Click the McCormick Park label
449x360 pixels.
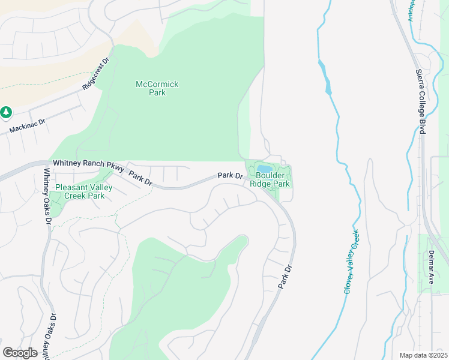tap(157, 89)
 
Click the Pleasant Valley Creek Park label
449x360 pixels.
tap(84, 191)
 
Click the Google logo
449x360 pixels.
tap(20, 353)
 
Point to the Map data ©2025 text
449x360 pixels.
tap(423, 355)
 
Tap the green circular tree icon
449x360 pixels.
tap(6, 112)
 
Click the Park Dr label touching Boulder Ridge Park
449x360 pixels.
tap(230, 176)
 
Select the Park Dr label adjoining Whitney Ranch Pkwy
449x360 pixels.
tap(140, 179)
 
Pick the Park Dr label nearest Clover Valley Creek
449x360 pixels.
tap(285, 277)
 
